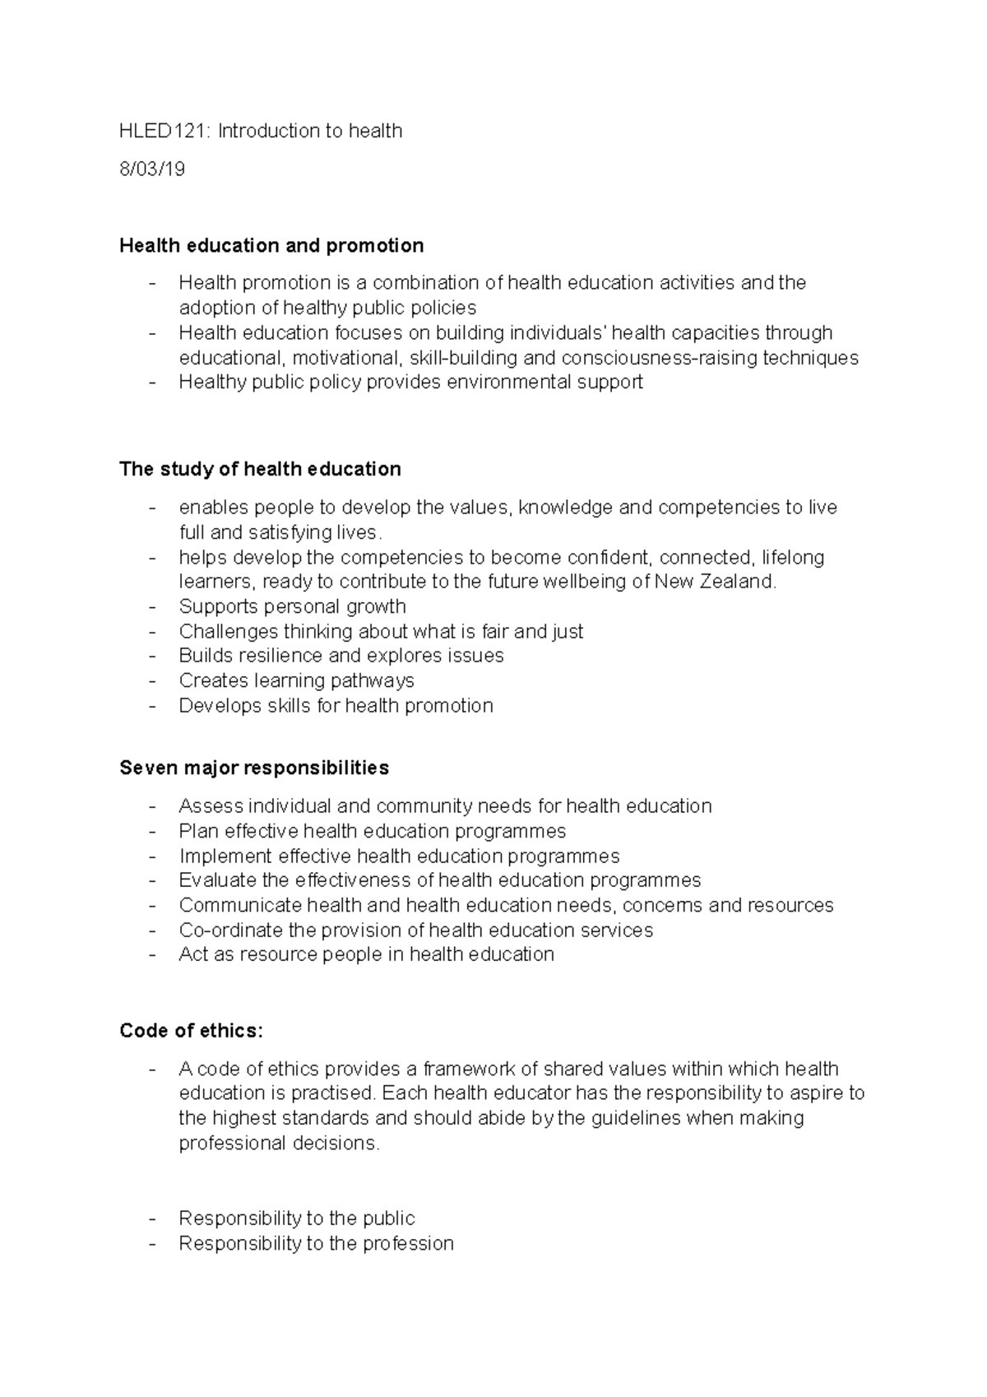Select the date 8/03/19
152,169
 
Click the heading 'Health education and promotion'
271,245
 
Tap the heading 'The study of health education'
260,469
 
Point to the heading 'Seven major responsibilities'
254,768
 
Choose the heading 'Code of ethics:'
191,1031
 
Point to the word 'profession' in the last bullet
408,1243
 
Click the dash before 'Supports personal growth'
152,607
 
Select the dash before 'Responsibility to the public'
152,1218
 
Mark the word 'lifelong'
793,558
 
